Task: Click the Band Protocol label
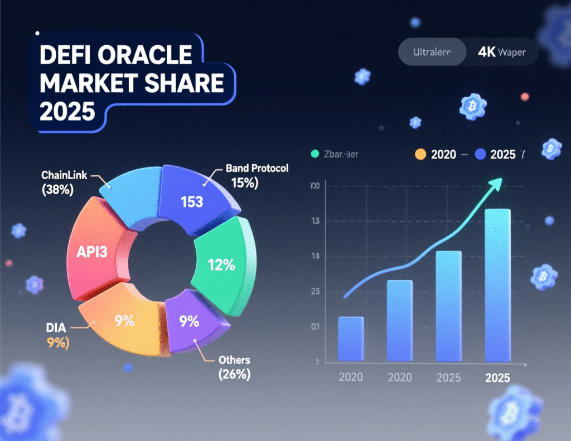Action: click(257, 168)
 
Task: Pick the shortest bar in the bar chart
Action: click(351, 339)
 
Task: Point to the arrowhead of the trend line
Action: click(496, 183)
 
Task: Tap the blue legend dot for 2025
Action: click(480, 155)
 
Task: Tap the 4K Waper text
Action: click(501, 53)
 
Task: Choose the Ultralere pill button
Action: click(432, 53)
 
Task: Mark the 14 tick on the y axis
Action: click(315, 257)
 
